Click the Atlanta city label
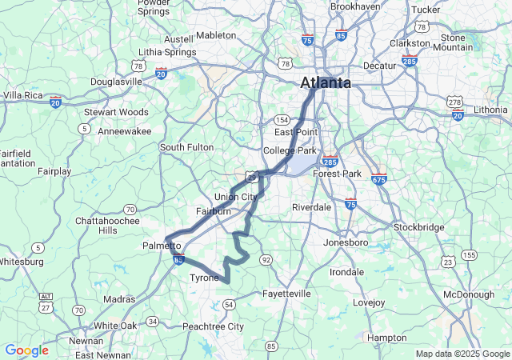(326, 82)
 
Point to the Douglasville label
(116, 81)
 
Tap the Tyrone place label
(204, 278)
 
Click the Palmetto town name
(162, 245)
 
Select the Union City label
(236, 197)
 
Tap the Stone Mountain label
(452, 42)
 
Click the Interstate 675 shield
(378, 180)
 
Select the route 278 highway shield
(454, 101)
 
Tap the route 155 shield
(469, 254)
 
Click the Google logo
(26, 350)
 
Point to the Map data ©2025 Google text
(462, 354)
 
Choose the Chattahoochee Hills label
(106, 225)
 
